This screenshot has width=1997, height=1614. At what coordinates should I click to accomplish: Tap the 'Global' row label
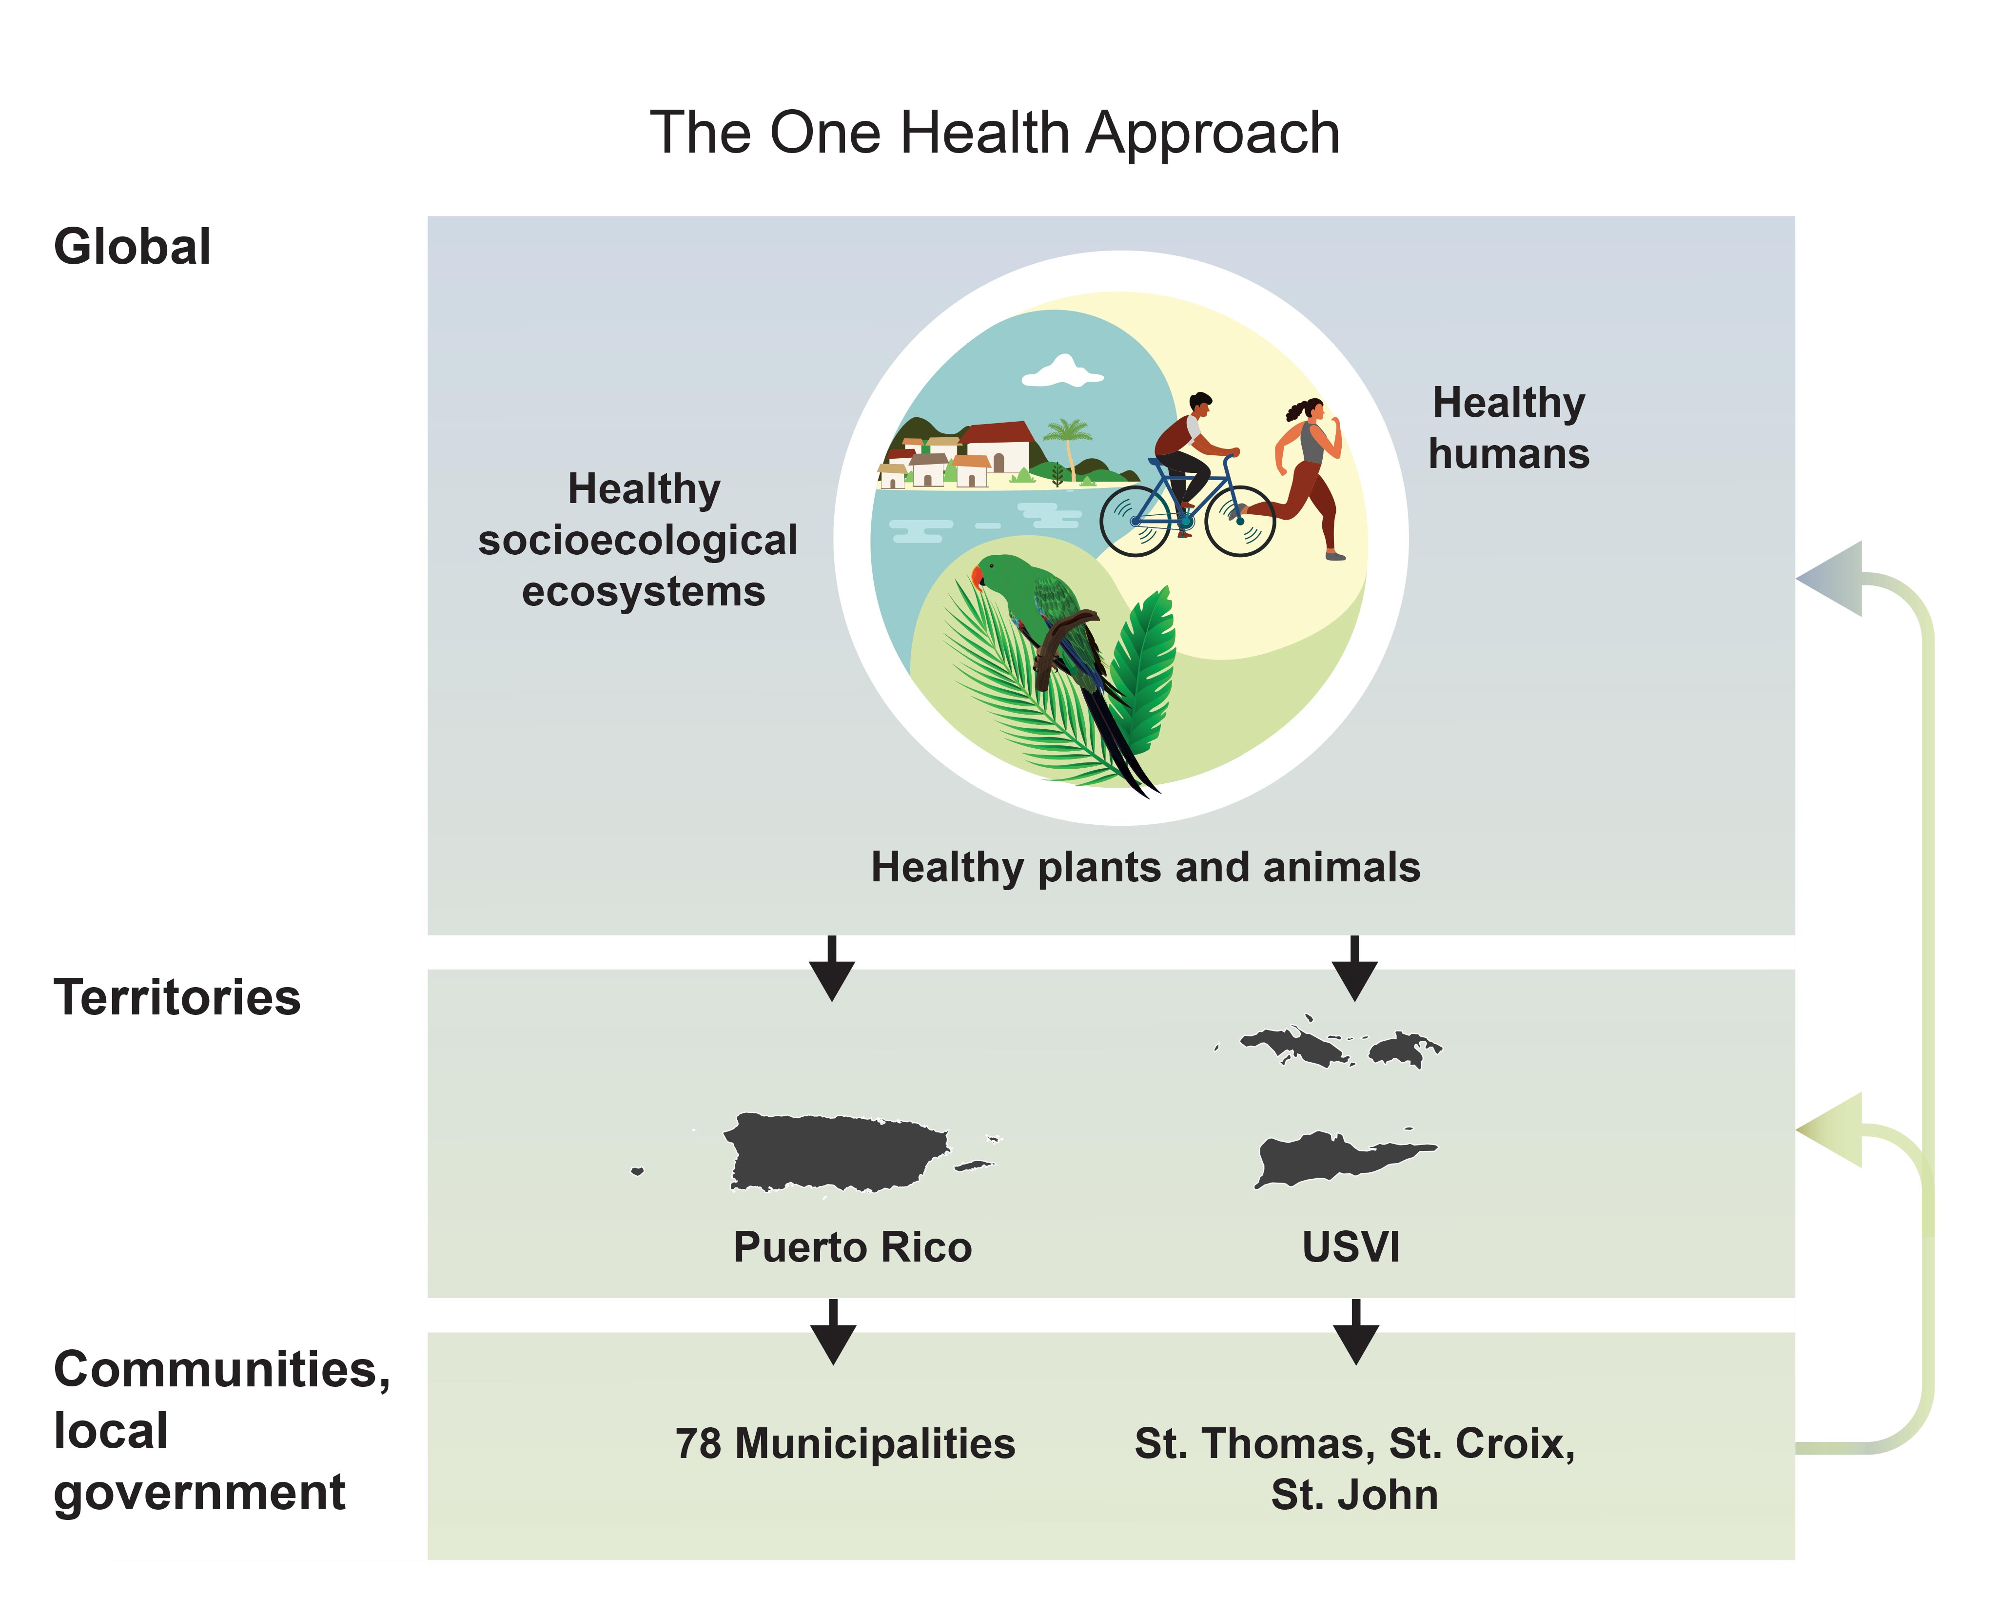click(132, 247)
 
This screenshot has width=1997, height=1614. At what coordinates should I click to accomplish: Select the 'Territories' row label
click(176, 997)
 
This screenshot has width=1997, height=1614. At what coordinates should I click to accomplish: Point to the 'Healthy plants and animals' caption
click(1145, 867)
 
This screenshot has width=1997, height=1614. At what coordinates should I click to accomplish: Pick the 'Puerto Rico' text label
click(853, 1247)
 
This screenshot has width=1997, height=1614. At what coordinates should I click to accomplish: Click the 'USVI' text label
click(1351, 1247)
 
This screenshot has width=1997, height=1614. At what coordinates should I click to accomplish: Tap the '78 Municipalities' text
click(845, 1444)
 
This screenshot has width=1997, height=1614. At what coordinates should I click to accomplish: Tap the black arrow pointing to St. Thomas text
click(1355, 1331)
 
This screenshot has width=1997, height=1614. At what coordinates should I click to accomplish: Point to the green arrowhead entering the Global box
click(1830, 578)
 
